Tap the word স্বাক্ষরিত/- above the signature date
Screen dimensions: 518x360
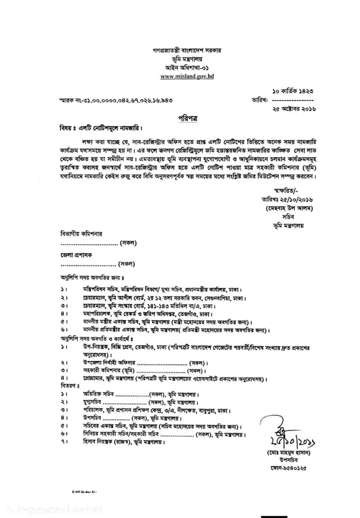coord(284,189)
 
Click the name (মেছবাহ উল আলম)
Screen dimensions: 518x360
coord(287,207)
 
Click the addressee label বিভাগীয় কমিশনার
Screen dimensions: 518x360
coord(81,235)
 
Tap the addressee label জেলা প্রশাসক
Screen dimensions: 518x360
coord(77,254)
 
